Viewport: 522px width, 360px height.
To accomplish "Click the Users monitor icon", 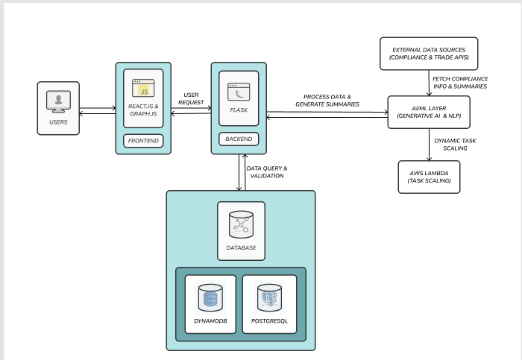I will (x=58, y=101).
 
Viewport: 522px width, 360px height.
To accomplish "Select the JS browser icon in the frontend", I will (x=143, y=88).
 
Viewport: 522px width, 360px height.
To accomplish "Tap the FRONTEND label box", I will (x=143, y=141).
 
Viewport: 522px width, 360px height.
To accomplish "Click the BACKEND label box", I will (x=239, y=139).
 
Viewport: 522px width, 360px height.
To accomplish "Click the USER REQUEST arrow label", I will (x=192, y=98).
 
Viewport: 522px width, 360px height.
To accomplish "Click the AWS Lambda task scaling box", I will (x=429, y=176).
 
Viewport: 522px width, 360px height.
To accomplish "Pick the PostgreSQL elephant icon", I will (x=269, y=299).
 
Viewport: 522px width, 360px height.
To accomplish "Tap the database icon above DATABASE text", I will (x=241, y=223).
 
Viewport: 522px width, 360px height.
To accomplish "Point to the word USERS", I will (x=58, y=121).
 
